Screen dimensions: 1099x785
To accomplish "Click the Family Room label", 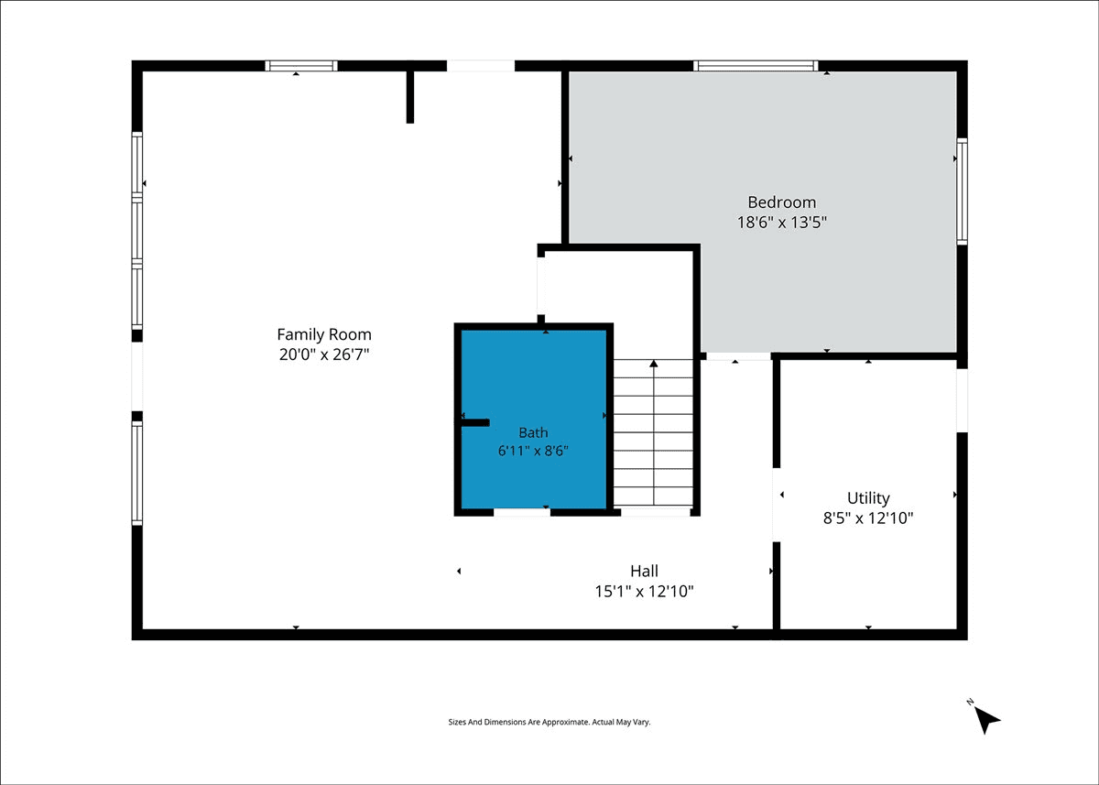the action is (324, 334).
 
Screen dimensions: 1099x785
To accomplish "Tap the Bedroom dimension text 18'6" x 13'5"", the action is (781, 223).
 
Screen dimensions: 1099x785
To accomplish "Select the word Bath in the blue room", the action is (533, 432).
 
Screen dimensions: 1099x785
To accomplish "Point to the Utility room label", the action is (868, 498).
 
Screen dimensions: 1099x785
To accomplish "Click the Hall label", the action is (644, 571).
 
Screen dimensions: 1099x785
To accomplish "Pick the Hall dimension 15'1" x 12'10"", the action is (644, 592).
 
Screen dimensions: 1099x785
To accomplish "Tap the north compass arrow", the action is (986, 720).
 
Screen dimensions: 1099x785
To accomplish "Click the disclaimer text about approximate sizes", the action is (549, 722).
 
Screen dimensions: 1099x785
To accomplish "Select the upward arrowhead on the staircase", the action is (654, 364).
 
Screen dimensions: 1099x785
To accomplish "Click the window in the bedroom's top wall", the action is (756, 66).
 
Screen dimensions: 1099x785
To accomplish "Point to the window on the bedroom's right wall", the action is (963, 191).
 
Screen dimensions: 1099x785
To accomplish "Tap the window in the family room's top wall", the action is (301, 66).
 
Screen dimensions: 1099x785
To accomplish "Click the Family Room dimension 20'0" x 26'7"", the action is (324, 354).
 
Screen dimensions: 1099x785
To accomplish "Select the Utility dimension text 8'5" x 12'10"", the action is (868, 518).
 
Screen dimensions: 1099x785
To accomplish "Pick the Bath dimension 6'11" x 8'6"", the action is (533, 451).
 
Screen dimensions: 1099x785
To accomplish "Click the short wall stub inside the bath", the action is (475, 422).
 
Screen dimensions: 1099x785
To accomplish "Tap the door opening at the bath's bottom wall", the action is (521, 513).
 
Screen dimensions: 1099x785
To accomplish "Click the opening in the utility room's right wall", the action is (963, 400).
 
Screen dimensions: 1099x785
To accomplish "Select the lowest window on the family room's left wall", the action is (136, 474).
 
